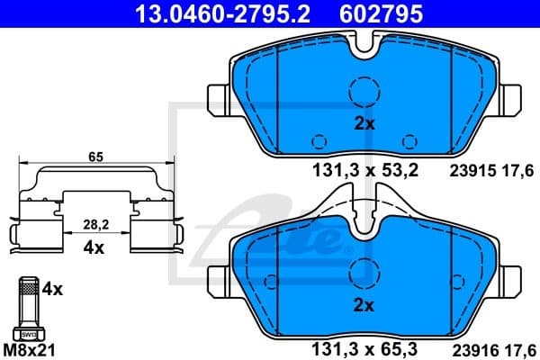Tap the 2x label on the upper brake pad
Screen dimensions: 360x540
tap(364, 125)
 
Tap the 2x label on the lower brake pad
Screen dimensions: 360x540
tap(364, 305)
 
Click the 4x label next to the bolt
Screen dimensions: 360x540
tap(53, 290)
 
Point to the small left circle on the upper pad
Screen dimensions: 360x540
tap(318, 139)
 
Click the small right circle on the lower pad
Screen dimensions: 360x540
tap(411, 319)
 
